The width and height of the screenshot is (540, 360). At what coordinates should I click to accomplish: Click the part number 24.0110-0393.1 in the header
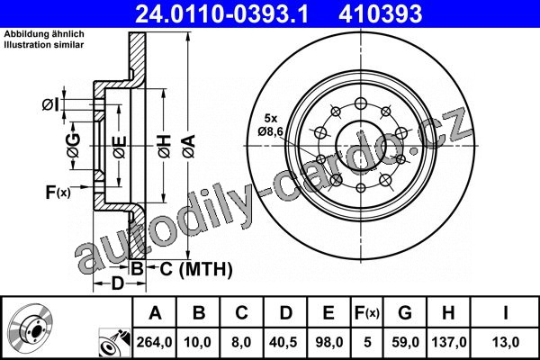click(221, 13)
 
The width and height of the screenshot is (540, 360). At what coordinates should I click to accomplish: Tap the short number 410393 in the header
click(380, 13)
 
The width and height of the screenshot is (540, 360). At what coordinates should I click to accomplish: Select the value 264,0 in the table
click(154, 342)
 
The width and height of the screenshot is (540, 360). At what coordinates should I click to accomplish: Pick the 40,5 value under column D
click(284, 342)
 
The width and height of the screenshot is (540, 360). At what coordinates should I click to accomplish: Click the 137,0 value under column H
click(449, 342)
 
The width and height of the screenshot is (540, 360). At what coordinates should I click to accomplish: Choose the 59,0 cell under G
click(405, 342)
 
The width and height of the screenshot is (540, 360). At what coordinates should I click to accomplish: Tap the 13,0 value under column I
click(505, 342)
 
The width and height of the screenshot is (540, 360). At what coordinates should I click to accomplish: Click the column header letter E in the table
click(328, 313)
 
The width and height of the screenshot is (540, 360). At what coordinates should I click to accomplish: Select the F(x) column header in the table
click(367, 313)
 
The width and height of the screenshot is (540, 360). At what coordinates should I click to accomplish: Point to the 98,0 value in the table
click(328, 342)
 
